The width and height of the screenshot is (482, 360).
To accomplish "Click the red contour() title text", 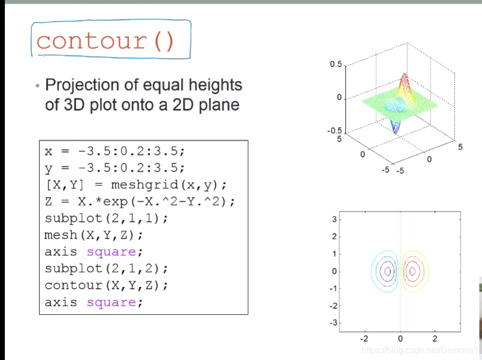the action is coord(105,41).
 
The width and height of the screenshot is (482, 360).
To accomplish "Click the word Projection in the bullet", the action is coord(82,86).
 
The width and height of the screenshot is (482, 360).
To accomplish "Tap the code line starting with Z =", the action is coord(140,202).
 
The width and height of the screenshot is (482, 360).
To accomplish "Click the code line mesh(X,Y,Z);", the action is coord(94,235).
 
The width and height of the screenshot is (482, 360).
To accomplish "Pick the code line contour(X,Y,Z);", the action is coord(106,285).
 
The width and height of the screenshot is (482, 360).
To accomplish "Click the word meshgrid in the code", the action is coord(144,185).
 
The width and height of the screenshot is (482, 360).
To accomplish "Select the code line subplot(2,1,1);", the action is coord(106,219).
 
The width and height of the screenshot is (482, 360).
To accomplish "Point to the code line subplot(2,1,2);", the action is coord(106,269).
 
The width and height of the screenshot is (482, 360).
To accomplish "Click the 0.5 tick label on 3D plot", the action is coord(336,64).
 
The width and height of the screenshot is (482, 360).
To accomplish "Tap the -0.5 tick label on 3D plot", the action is coord(334,131).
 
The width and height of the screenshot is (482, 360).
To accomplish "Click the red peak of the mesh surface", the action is coord(405,77).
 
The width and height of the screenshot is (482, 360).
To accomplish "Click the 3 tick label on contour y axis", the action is coord(334,219).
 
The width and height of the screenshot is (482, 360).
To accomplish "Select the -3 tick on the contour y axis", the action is coord(334,323).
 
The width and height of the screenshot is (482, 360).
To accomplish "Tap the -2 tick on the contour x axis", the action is coord(364,339).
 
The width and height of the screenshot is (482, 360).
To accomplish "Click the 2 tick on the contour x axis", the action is coord(435,339).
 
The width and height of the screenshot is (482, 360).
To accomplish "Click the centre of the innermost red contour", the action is coord(413,271).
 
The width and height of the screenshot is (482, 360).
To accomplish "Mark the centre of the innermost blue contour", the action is coord(388,271).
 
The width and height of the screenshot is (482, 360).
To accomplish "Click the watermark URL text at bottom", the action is coord(420,350).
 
